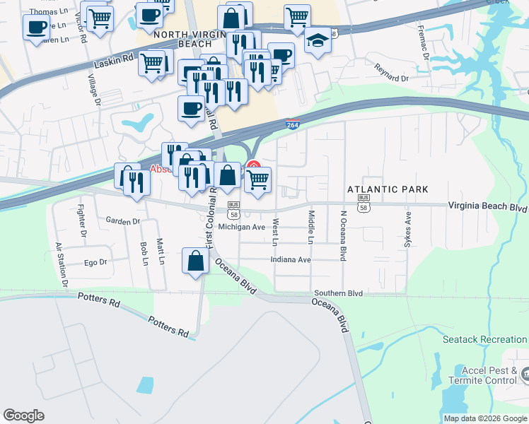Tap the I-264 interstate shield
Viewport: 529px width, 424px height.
click(x=292, y=125)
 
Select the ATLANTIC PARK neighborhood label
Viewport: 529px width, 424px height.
click(x=388, y=189)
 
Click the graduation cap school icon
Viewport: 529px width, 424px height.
click(x=318, y=42)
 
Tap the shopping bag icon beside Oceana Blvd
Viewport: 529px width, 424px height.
click(x=195, y=261)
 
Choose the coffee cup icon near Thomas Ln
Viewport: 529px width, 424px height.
click(x=37, y=28)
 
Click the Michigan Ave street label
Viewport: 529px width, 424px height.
click(x=241, y=228)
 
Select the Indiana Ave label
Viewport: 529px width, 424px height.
click(x=291, y=259)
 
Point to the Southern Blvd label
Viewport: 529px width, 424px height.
click(x=338, y=293)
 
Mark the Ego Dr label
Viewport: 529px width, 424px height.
click(x=95, y=262)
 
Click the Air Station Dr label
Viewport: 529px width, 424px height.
click(x=62, y=265)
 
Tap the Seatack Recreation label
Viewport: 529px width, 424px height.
click(x=484, y=340)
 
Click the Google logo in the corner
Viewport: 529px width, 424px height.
click(x=24, y=416)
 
